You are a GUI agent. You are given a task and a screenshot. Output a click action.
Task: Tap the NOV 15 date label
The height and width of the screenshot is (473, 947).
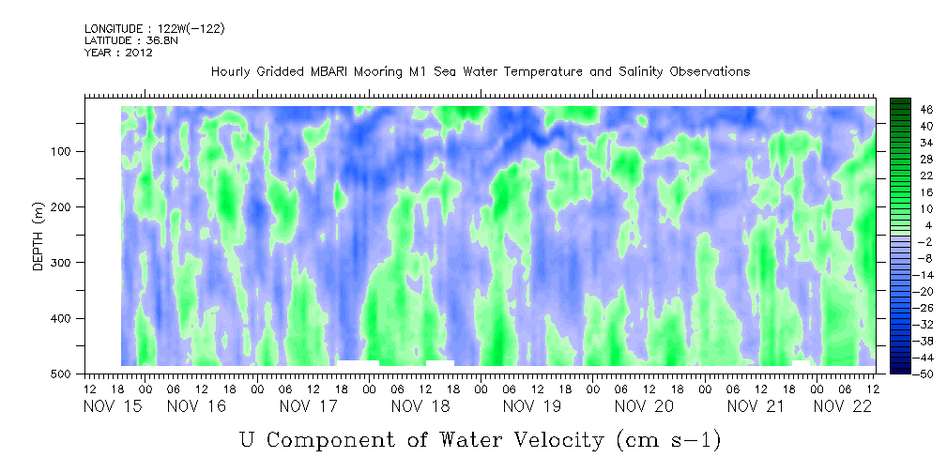(113, 406)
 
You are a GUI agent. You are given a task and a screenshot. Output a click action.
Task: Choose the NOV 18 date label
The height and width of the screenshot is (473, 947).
(421, 406)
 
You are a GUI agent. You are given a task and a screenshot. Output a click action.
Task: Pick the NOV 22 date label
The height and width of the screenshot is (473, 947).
(843, 406)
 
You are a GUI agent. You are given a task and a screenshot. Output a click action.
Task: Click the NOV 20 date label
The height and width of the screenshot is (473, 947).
(645, 406)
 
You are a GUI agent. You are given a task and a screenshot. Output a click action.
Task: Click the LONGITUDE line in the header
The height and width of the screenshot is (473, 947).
(155, 29)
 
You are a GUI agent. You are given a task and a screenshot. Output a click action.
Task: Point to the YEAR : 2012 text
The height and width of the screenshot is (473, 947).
(118, 53)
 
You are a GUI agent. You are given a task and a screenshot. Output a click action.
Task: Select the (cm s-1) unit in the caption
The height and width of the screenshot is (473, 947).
(669, 440)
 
